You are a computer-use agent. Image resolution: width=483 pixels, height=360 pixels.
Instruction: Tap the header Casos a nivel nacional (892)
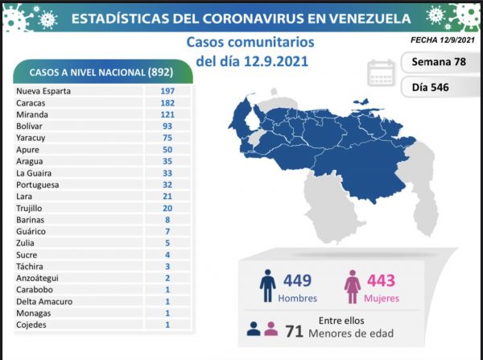(x=103, y=72)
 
